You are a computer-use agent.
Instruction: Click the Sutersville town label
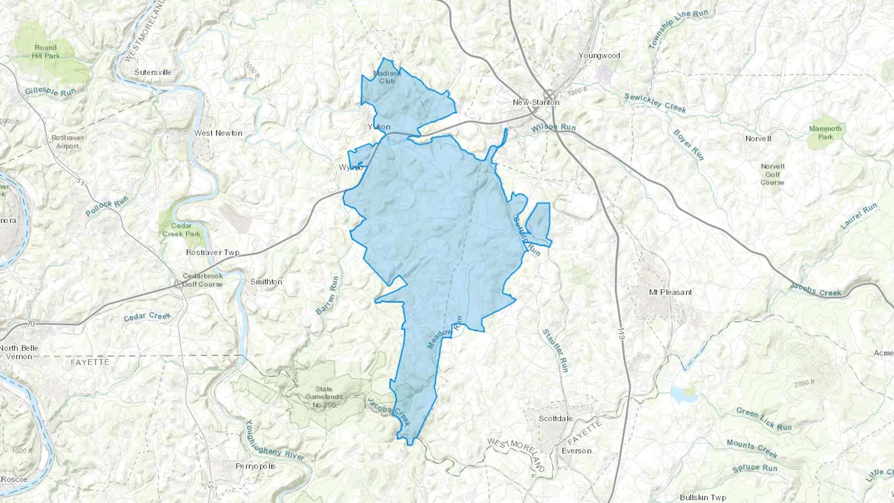[153, 72]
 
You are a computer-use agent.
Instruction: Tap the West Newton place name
[218, 133]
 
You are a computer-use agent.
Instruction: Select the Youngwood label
[599, 56]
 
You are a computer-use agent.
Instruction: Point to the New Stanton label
[536, 102]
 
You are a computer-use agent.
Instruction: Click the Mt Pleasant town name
[670, 292]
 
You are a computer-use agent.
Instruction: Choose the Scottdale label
[555, 419]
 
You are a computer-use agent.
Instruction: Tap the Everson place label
[576, 451]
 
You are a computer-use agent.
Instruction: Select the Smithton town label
[266, 282]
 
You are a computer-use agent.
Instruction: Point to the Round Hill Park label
[46, 52]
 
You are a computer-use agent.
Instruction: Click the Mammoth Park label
[825, 133]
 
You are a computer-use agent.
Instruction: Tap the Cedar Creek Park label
[181, 229]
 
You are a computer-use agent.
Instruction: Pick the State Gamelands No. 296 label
[324, 397]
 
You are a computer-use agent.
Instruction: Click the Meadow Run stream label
[445, 332]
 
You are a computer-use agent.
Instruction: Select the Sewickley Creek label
[655, 103]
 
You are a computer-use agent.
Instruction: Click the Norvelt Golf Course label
[772, 174]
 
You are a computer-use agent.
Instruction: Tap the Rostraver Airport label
[68, 142]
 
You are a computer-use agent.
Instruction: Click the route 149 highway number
[621, 333]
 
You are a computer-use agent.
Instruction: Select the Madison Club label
[387, 77]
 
